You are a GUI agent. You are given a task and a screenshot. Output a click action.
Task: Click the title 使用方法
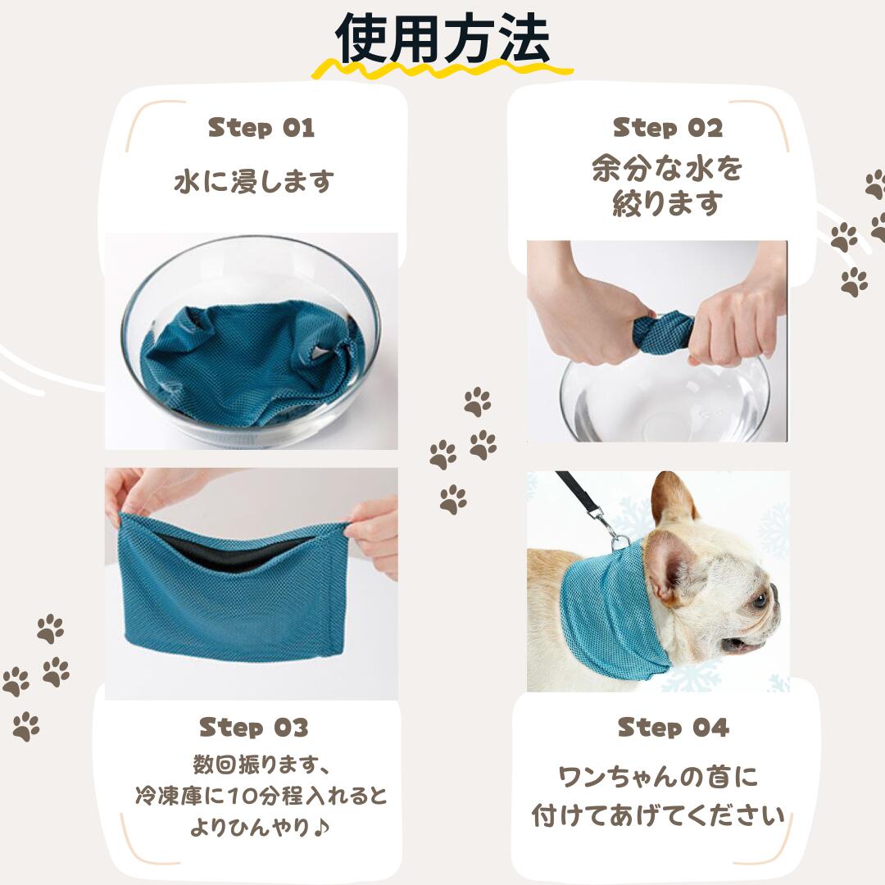[x=442, y=39]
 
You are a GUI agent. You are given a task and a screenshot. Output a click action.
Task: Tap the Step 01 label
[x=261, y=128]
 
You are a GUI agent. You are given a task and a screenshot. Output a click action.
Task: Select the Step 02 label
[x=668, y=128]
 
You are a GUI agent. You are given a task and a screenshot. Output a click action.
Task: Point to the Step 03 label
[x=254, y=727]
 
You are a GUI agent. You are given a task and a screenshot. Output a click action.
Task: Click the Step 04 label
[x=673, y=727]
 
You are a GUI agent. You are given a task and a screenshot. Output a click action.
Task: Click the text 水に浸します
[x=254, y=181]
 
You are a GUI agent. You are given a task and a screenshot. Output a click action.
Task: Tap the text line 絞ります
[x=667, y=204]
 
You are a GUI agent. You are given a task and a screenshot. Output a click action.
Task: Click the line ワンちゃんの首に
[x=658, y=776]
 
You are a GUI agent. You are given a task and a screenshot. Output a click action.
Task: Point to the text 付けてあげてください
[x=658, y=815]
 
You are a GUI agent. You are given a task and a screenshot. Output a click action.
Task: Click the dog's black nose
[x=774, y=592]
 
